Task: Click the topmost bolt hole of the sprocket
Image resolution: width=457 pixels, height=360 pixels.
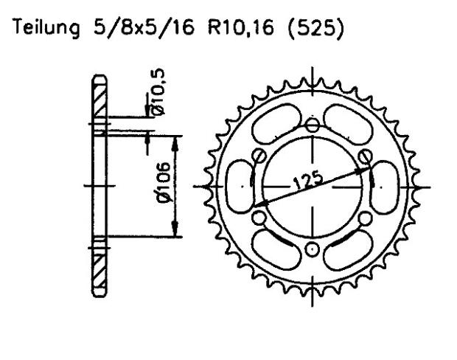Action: (313, 124)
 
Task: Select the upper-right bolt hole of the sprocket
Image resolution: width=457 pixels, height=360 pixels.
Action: (366, 156)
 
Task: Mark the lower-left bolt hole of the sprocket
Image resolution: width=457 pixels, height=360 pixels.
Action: (259, 218)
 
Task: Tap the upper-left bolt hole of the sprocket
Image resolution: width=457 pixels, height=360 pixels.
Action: (259, 155)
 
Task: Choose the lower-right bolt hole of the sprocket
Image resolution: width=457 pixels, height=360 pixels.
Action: (366, 217)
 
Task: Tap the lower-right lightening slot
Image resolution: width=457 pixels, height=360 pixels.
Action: (352, 248)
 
